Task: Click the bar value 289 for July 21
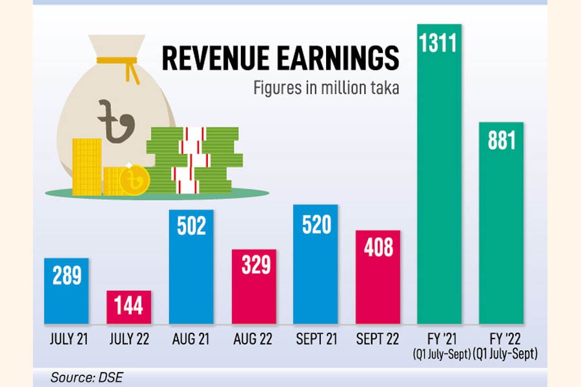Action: click(66, 276)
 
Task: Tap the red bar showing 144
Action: click(128, 307)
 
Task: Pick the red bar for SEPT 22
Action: click(378, 277)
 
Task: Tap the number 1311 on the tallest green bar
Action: click(439, 44)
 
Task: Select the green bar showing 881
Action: click(501, 226)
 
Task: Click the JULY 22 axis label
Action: click(128, 339)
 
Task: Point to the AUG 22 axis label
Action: click(254, 339)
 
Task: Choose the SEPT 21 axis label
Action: click(316, 339)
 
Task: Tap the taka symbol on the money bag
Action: click(116, 119)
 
